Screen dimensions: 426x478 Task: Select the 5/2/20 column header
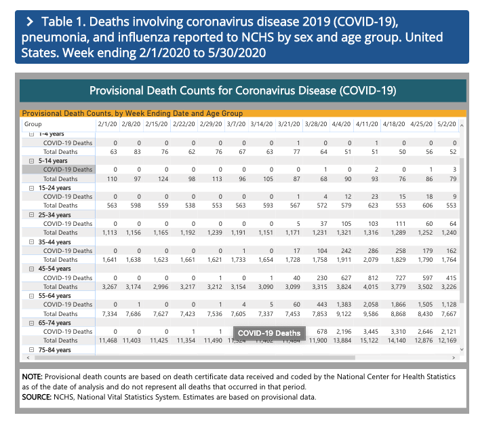pyautogui.click(x=445, y=125)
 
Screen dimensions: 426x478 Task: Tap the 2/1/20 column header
pyautogui.click(x=106, y=125)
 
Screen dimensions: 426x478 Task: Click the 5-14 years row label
pyautogui.click(x=54, y=161)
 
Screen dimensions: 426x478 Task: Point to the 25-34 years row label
pyautogui.click(x=56, y=215)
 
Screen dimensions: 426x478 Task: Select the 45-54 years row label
pyautogui.click(x=56, y=269)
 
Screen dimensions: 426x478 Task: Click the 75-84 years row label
pyautogui.click(x=56, y=349)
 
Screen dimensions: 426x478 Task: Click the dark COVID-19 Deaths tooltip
pyautogui.click(x=268, y=333)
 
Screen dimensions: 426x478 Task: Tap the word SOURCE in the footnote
pyautogui.click(x=36, y=398)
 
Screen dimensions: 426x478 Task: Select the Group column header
pyautogui.click(x=33, y=125)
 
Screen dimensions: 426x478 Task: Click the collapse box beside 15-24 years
pyautogui.click(x=31, y=188)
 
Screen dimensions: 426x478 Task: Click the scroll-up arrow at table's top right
pyautogui.click(x=462, y=125)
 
